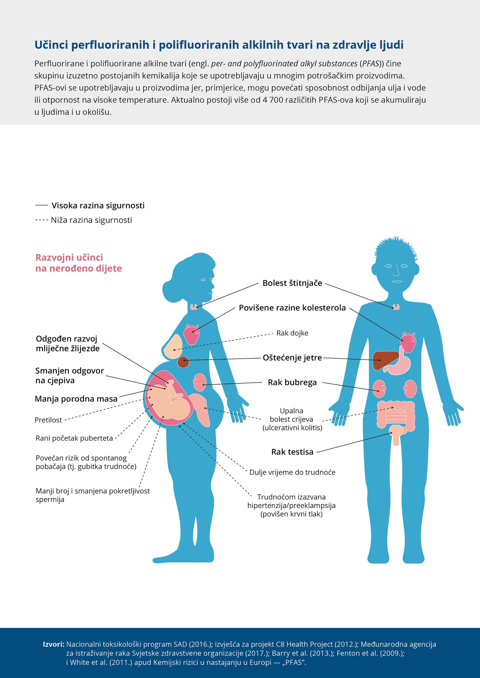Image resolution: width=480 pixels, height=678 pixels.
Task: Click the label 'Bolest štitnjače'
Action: (x=292, y=283)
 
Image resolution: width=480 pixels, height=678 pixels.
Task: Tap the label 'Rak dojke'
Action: (x=292, y=333)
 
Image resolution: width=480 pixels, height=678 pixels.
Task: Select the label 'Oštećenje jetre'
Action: (x=292, y=358)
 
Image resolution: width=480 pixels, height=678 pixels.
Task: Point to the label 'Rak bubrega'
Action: (x=292, y=383)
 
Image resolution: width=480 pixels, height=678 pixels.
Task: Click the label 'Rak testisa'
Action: (x=292, y=452)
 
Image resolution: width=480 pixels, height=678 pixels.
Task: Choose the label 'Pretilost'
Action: (x=48, y=420)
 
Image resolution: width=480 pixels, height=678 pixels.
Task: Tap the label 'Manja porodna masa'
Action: (x=76, y=399)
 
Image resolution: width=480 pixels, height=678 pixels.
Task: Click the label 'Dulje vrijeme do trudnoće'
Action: (x=292, y=472)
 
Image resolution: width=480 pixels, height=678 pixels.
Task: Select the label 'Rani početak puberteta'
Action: (x=74, y=438)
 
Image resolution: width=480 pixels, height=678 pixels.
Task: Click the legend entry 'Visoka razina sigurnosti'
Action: (x=98, y=205)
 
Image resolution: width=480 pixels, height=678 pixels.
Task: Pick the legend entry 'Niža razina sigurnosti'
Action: (x=91, y=220)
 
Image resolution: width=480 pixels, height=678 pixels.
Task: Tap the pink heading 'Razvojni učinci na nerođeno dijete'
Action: (x=78, y=263)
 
